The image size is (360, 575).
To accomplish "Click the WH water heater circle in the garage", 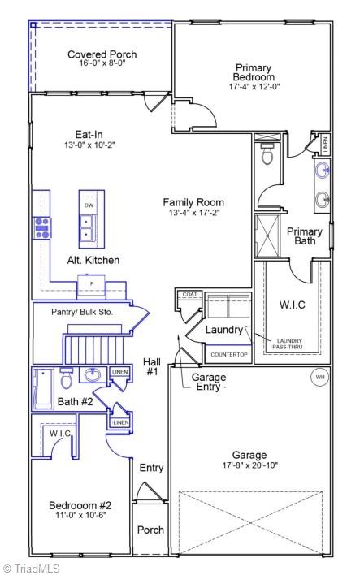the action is pyautogui.click(x=320, y=377).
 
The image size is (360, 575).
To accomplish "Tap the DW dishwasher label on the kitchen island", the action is pyautogui.click(x=89, y=205).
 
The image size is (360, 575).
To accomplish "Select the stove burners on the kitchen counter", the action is pyautogui.click(x=41, y=227).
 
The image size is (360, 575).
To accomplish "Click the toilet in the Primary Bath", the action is pyautogui.click(x=267, y=154).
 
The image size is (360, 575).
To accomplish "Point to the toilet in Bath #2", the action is pyautogui.click(x=67, y=378).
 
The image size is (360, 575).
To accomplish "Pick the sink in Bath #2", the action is pyautogui.click(x=93, y=374).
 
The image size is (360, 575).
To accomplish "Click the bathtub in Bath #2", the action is pyautogui.click(x=43, y=389).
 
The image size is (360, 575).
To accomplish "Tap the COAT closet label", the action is pyautogui.click(x=189, y=295).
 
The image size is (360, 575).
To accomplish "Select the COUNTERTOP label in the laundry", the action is pyautogui.click(x=229, y=355).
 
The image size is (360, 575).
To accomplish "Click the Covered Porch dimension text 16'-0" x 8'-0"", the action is pyautogui.click(x=102, y=63).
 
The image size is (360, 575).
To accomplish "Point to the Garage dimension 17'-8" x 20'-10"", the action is pyautogui.click(x=250, y=465).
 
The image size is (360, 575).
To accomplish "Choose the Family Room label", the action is pyautogui.click(x=193, y=202).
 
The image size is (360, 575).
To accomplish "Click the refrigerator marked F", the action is pyautogui.click(x=91, y=283).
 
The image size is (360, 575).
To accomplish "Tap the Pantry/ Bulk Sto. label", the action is pyautogui.click(x=82, y=312).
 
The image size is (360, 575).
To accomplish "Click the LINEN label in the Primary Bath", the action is pyautogui.click(x=325, y=144).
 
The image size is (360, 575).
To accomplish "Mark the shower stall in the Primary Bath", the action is pyautogui.click(x=267, y=236).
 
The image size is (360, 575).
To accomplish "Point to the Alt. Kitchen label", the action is pyautogui.click(x=93, y=260).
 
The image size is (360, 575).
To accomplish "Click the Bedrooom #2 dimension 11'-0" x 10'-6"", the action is pyautogui.click(x=80, y=515).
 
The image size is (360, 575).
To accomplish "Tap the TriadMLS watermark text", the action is pyautogui.click(x=31, y=569).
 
